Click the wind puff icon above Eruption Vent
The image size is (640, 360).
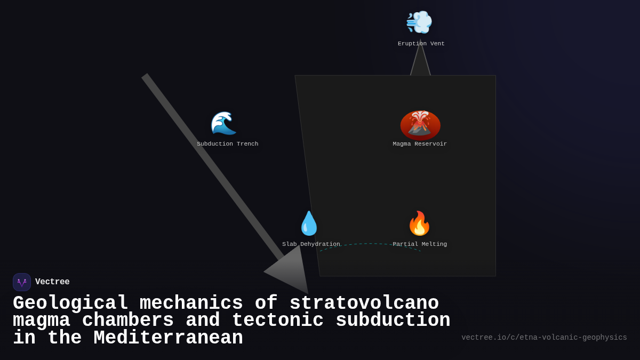pos(419,22)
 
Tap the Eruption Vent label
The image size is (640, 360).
pos(421,44)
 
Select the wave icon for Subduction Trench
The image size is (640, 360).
pos(223,123)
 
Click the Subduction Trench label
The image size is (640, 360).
pos(227,144)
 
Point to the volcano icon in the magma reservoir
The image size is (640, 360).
pos(420,124)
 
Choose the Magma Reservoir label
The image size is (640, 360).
pos(420,144)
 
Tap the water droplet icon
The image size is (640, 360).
pos(309,223)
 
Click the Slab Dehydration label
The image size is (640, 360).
pos(311,244)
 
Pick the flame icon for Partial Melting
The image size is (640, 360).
pos(419,223)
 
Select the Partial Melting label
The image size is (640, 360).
pos(420,244)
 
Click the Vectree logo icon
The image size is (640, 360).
pos(22,282)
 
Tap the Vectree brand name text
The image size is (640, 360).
pos(52,282)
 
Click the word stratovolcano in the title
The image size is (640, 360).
pos(364,303)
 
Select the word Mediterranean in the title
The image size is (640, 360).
pos(168,338)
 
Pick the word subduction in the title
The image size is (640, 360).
pos(393,321)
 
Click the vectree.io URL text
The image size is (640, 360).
pos(544,338)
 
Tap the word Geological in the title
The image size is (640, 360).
pos(70,303)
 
